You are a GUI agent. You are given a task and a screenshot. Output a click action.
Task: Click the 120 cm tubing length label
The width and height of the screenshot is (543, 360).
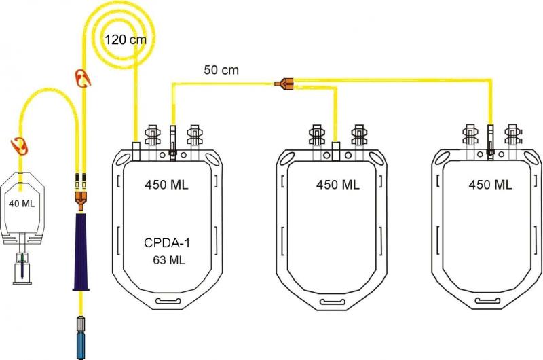[126, 39]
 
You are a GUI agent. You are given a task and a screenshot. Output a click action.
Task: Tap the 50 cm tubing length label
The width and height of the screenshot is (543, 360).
[221, 69]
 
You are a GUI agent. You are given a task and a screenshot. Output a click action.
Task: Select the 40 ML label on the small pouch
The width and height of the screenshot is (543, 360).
[21, 203]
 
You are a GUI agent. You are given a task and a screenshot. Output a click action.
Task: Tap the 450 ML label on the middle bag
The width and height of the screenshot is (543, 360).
[338, 184]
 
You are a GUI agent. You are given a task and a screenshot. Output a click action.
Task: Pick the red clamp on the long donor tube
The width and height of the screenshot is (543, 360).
[82, 78]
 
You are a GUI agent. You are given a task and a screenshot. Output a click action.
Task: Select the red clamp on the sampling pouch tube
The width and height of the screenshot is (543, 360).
[18, 144]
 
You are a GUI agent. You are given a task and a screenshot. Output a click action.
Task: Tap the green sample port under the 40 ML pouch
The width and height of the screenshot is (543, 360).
[22, 256]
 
